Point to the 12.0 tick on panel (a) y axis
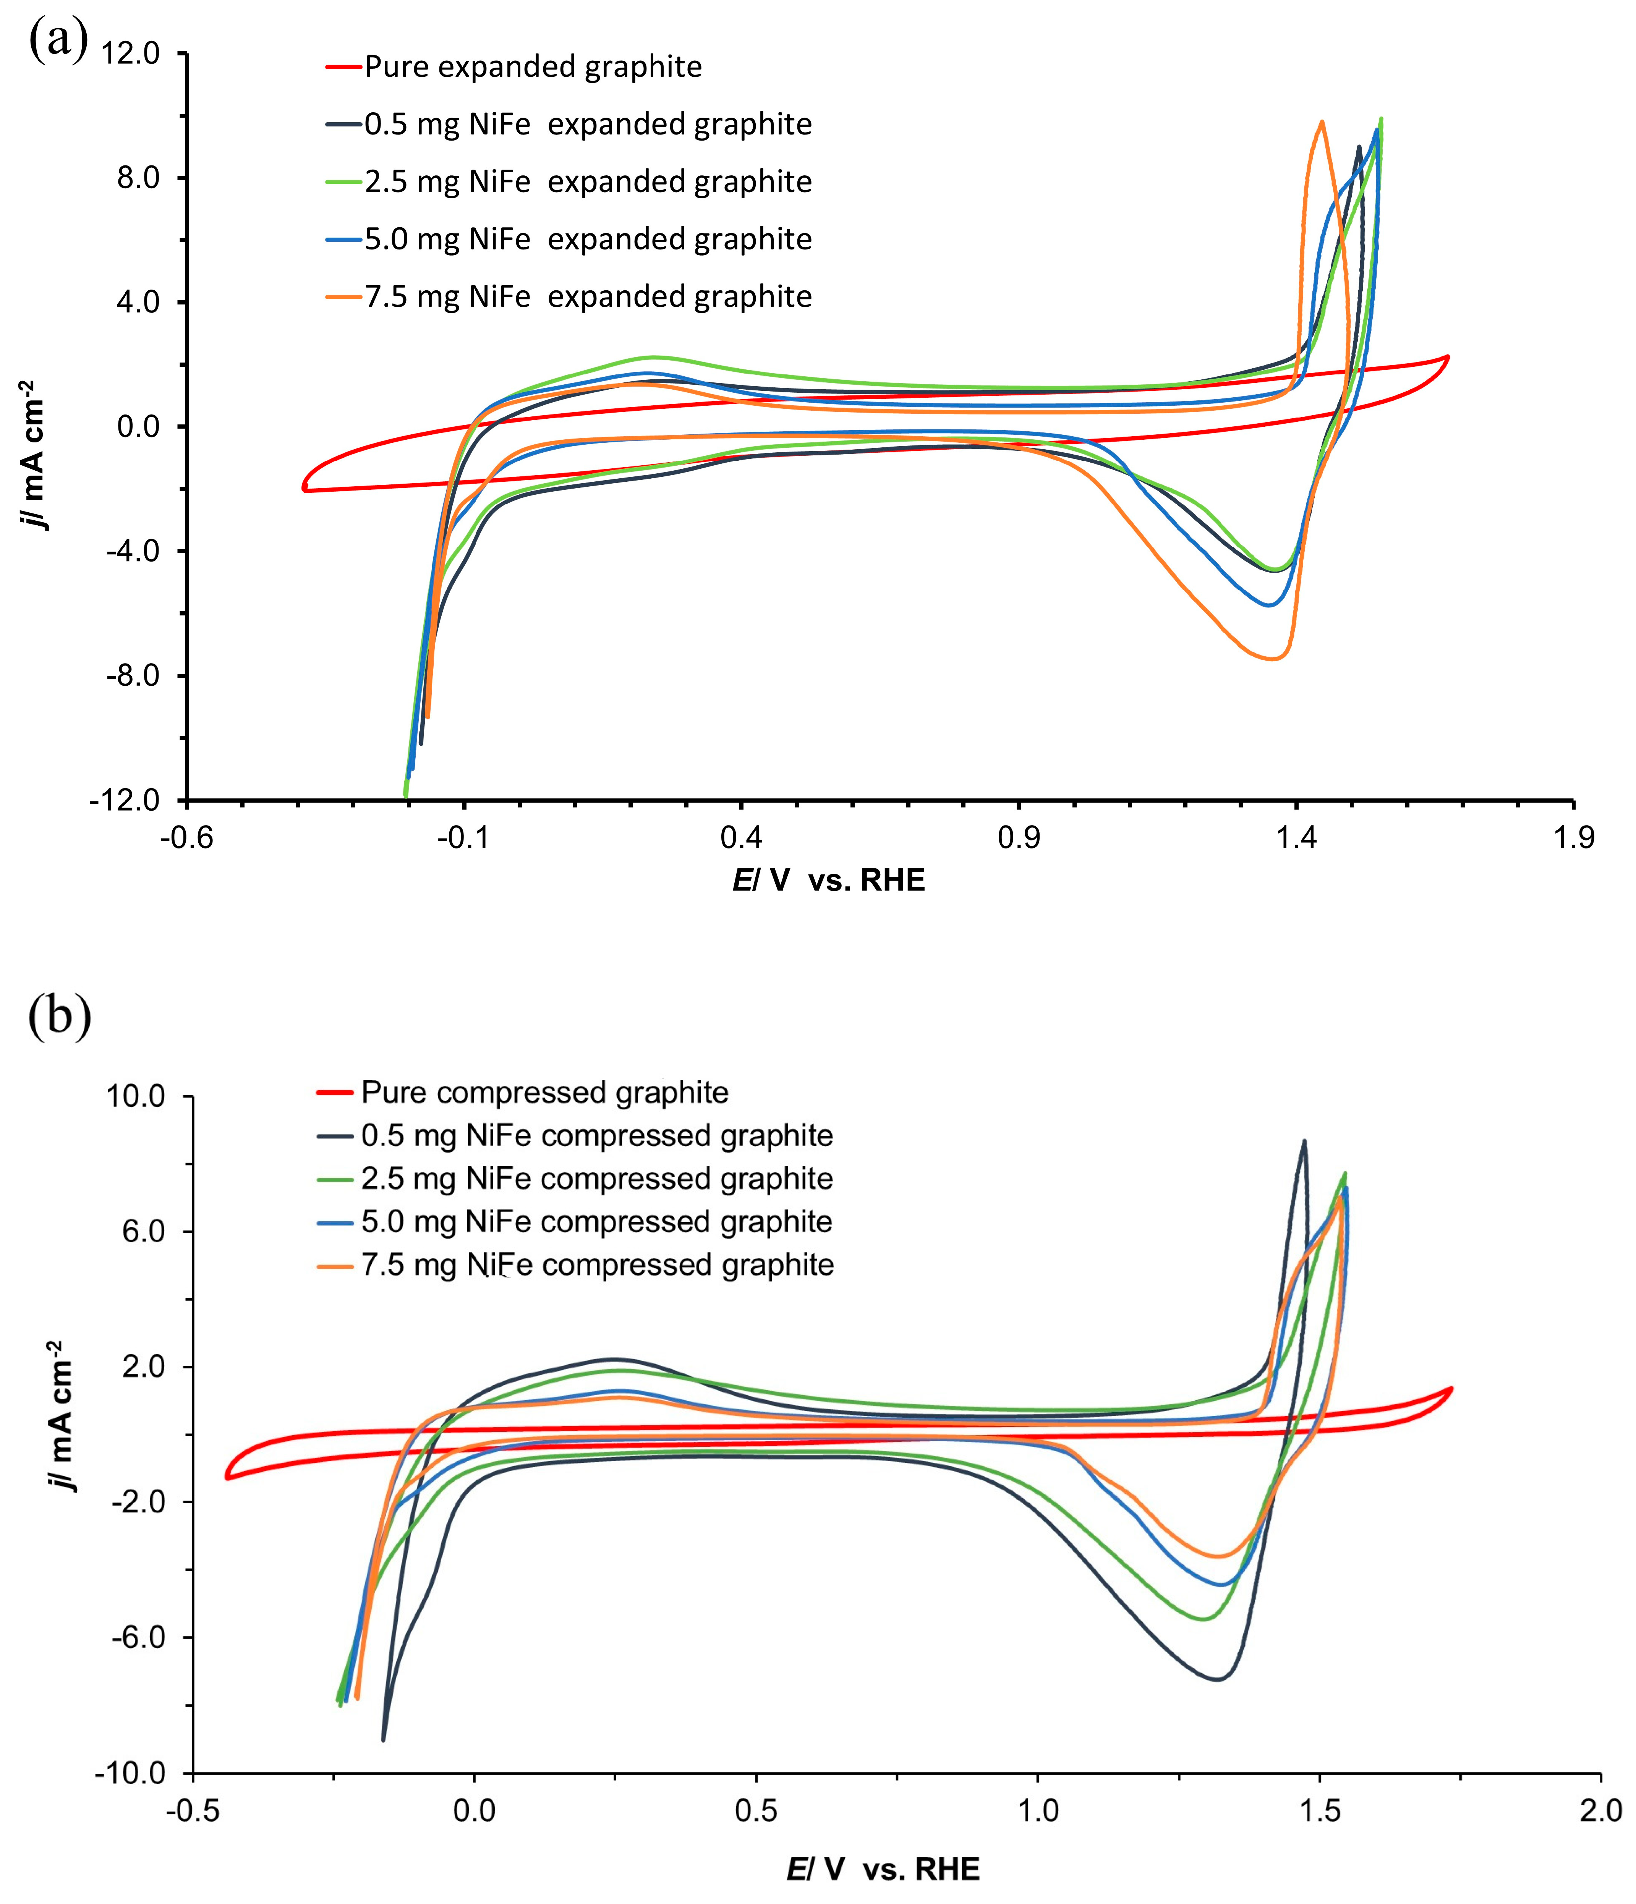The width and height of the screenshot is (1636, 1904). click(x=131, y=53)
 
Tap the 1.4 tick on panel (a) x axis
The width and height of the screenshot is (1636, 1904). click(x=1296, y=838)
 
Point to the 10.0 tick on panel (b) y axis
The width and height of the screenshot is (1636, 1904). click(x=136, y=1096)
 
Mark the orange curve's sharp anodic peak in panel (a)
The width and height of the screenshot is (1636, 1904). click(x=1322, y=121)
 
